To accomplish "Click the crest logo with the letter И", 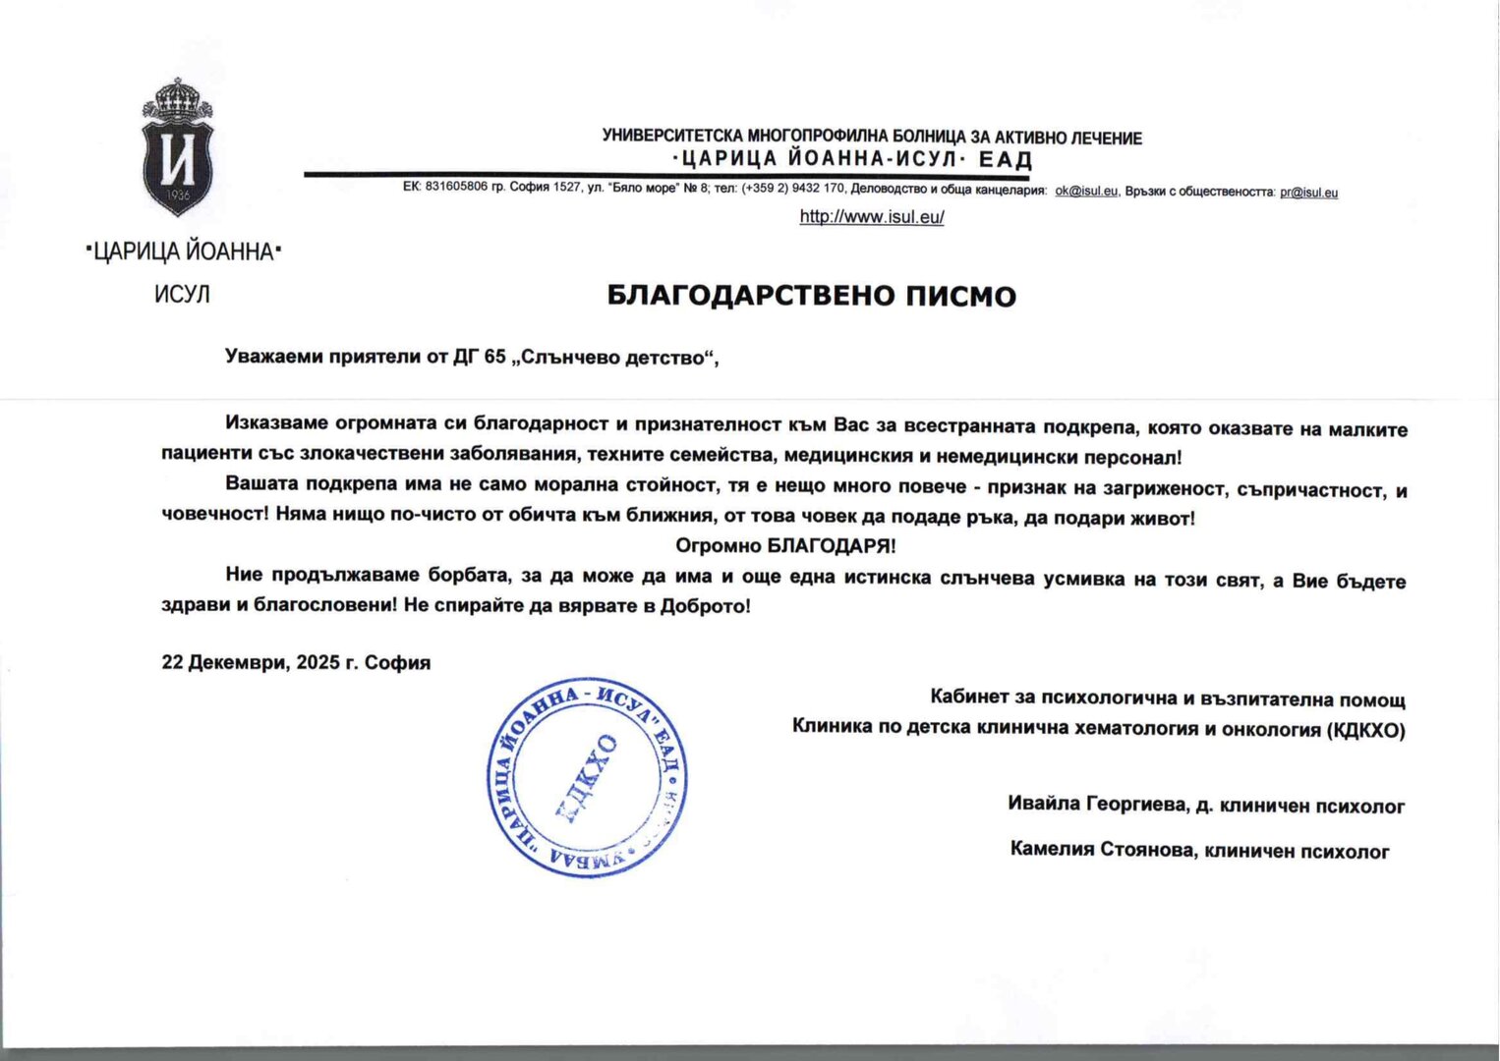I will tap(177, 149).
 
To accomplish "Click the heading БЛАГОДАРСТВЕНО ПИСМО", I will tap(811, 296).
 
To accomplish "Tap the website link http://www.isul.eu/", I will tap(872, 217).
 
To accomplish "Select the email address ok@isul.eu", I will tap(1086, 192).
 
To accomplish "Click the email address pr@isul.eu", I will tap(1308, 193).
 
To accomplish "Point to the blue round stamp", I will tap(587, 777).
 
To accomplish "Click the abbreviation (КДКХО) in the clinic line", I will tap(1365, 730).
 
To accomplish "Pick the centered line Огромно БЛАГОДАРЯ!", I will tap(785, 545).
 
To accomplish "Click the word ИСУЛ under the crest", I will tap(182, 295).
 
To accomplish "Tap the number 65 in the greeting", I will tap(494, 357).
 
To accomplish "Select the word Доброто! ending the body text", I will tap(705, 606).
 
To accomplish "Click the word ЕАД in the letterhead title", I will tap(1006, 160).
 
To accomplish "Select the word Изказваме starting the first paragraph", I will tap(276, 423).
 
